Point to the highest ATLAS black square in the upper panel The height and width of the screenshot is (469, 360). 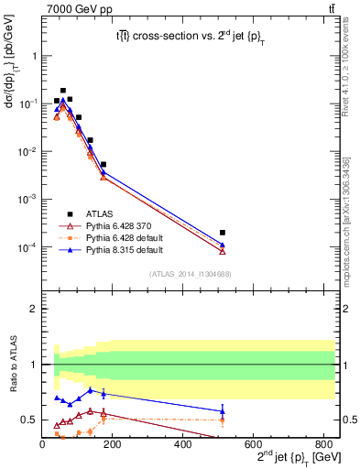pyautogui.click(x=62, y=91)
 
